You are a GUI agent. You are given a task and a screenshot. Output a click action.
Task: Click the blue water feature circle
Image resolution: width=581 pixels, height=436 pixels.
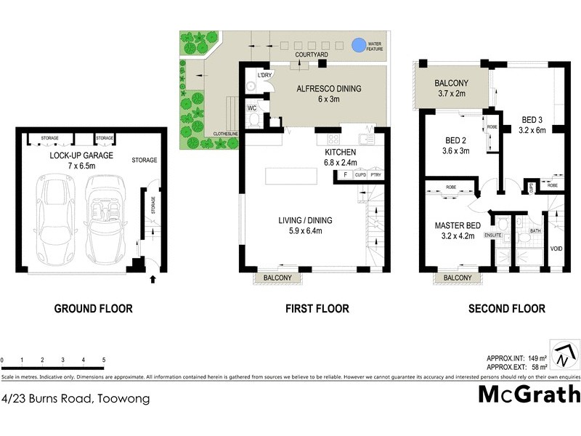click(x=357, y=45)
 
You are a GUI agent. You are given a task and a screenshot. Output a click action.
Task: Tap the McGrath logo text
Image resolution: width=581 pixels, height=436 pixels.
click(x=529, y=394)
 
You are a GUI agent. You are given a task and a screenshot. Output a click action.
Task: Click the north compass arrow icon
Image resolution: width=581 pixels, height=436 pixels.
click(x=564, y=356)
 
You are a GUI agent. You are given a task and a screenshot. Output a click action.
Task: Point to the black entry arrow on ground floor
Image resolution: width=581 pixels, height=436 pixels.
click(x=152, y=278)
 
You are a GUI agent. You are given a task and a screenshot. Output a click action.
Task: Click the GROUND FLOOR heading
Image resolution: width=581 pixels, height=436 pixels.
click(x=94, y=309)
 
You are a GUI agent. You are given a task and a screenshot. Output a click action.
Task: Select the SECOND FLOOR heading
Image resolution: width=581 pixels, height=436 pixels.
click(x=507, y=309)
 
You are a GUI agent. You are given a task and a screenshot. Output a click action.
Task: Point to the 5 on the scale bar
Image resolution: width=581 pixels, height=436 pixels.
click(x=104, y=360)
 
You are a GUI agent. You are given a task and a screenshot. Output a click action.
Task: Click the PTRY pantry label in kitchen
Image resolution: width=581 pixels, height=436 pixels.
click(x=375, y=175)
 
